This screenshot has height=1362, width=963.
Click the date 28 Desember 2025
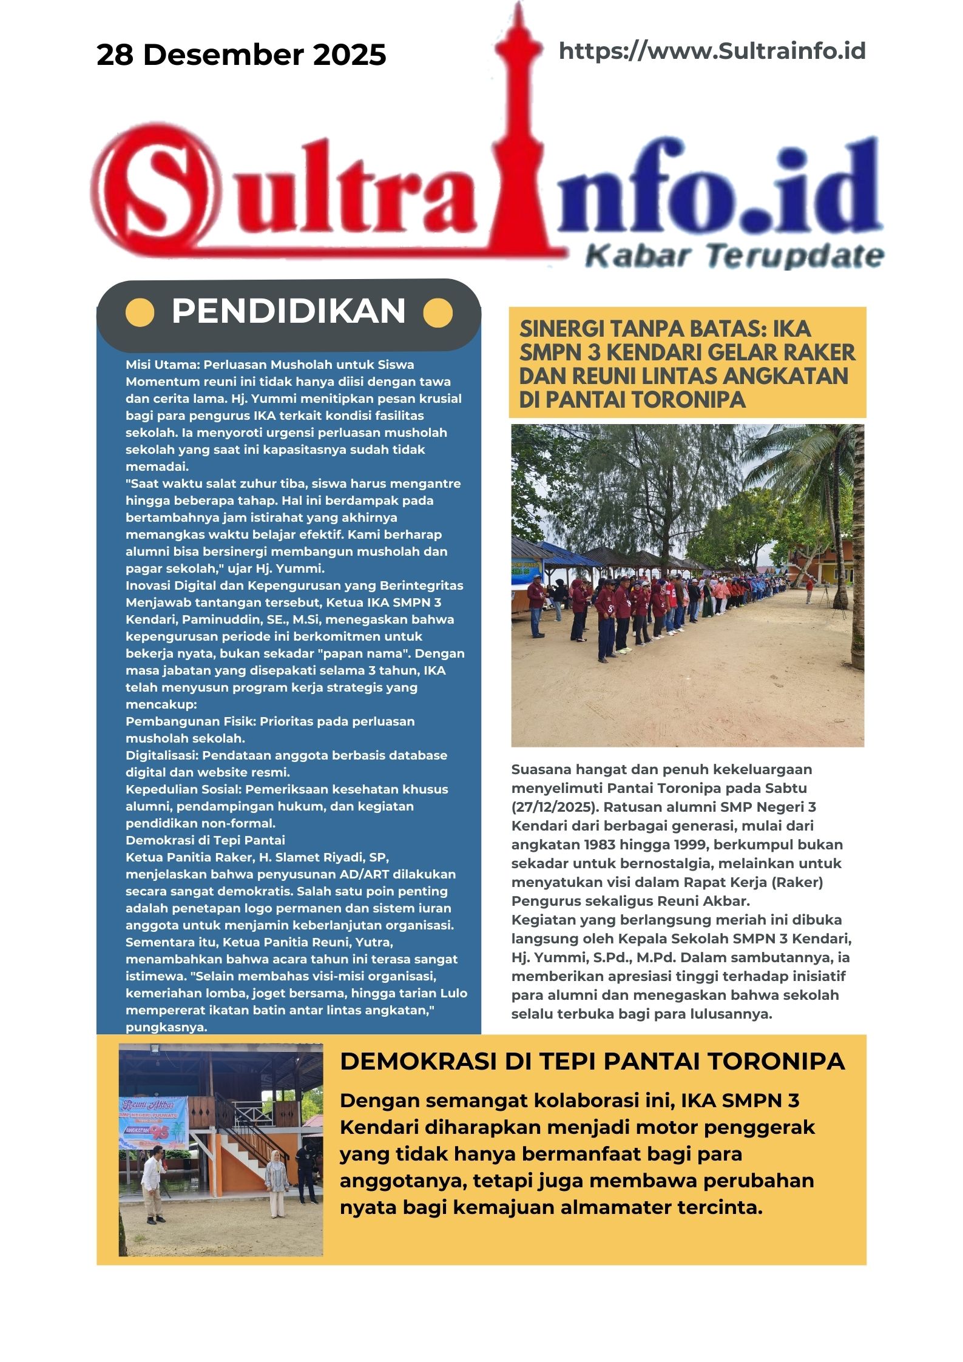click(241, 55)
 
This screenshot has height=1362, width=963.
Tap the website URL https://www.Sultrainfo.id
click(712, 51)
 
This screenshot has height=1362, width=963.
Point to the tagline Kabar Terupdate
click(734, 256)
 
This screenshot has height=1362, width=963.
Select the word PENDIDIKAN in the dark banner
click(288, 311)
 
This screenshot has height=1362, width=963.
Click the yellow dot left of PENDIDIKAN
click(140, 313)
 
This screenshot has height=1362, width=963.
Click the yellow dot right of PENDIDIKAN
click(438, 313)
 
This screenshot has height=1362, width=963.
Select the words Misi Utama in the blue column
click(162, 365)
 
